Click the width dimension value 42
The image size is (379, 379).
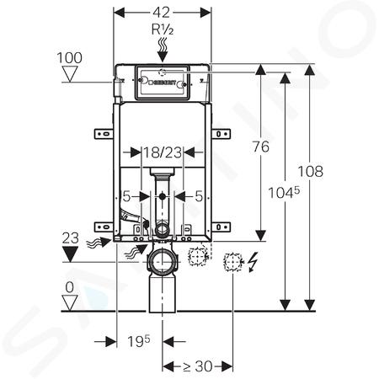click(162, 13)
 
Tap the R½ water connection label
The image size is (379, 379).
click(163, 29)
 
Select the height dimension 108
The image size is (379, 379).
click(310, 171)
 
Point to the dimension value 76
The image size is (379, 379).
click(261, 147)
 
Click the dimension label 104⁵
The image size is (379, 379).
click(284, 193)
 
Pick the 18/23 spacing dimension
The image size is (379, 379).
click(163, 153)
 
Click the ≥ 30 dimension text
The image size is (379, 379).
click(198, 366)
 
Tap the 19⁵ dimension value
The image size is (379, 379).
click(139, 341)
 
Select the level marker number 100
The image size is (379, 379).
click(70, 57)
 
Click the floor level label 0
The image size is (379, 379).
click(69, 287)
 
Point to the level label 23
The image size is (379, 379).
click(71, 238)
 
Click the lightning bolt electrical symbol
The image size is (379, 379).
click(254, 262)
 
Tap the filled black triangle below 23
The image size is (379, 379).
click(70, 254)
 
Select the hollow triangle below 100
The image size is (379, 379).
click(70, 75)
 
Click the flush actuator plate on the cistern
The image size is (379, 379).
click(163, 83)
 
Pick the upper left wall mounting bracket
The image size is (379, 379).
click(104, 134)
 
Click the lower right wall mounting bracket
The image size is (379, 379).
click(221, 227)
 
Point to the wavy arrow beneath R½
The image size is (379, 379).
click(163, 50)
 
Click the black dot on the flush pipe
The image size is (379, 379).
click(162, 196)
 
